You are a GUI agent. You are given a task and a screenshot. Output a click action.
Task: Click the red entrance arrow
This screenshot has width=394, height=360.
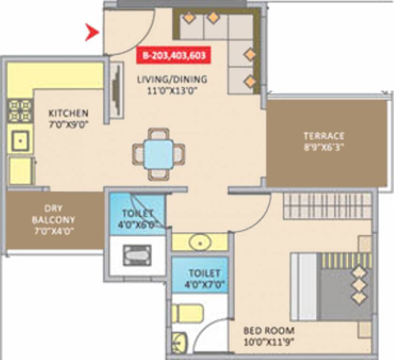click(x=91, y=33)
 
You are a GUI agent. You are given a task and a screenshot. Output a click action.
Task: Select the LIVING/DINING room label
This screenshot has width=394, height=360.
click(x=172, y=79)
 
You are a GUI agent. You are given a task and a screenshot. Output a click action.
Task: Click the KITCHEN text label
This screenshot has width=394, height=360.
click(x=68, y=113)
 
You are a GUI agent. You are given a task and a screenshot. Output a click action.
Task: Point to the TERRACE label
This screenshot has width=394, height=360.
click(x=324, y=136)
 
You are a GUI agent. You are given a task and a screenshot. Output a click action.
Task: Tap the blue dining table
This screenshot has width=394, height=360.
click(x=159, y=153)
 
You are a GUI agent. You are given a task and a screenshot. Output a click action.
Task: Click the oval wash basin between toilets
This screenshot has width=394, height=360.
click(x=200, y=243)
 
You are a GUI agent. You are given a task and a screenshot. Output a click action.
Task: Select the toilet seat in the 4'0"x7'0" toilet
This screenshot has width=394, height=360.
click(x=187, y=313)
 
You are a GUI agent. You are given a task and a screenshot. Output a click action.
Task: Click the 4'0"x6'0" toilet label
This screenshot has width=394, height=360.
click(x=137, y=217)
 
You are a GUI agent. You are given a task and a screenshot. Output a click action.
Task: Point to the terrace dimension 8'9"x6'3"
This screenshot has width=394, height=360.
click(x=324, y=146)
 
